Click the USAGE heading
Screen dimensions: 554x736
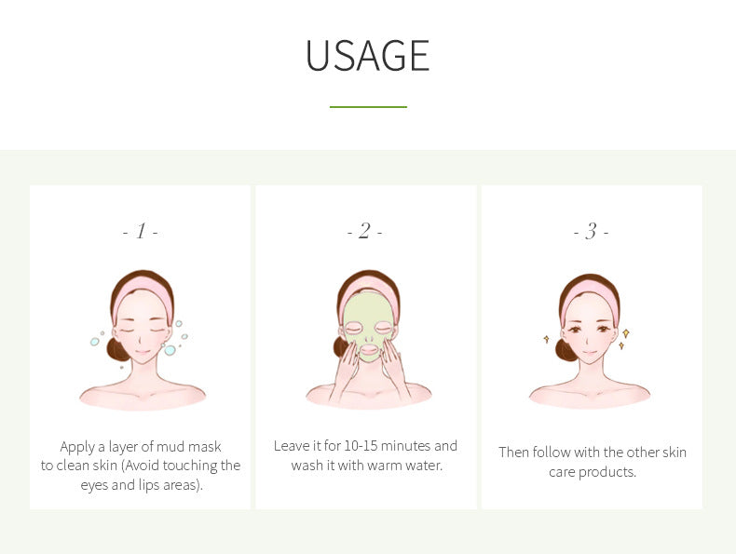coord(368,56)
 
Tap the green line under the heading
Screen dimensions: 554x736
coord(368,107)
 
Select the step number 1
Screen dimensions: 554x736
coord(141,231)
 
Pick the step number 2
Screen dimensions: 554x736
coord(365,231)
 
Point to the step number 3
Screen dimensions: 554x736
coord(591,231)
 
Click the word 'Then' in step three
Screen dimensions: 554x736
coord(514,453)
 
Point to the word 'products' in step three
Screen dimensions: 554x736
coord(607,472)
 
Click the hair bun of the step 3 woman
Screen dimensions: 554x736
coord(566,349)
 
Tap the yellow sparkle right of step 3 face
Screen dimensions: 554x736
coord(625,333)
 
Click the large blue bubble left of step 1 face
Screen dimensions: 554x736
coord(95,342)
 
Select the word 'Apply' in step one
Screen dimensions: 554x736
coord(79,447)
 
